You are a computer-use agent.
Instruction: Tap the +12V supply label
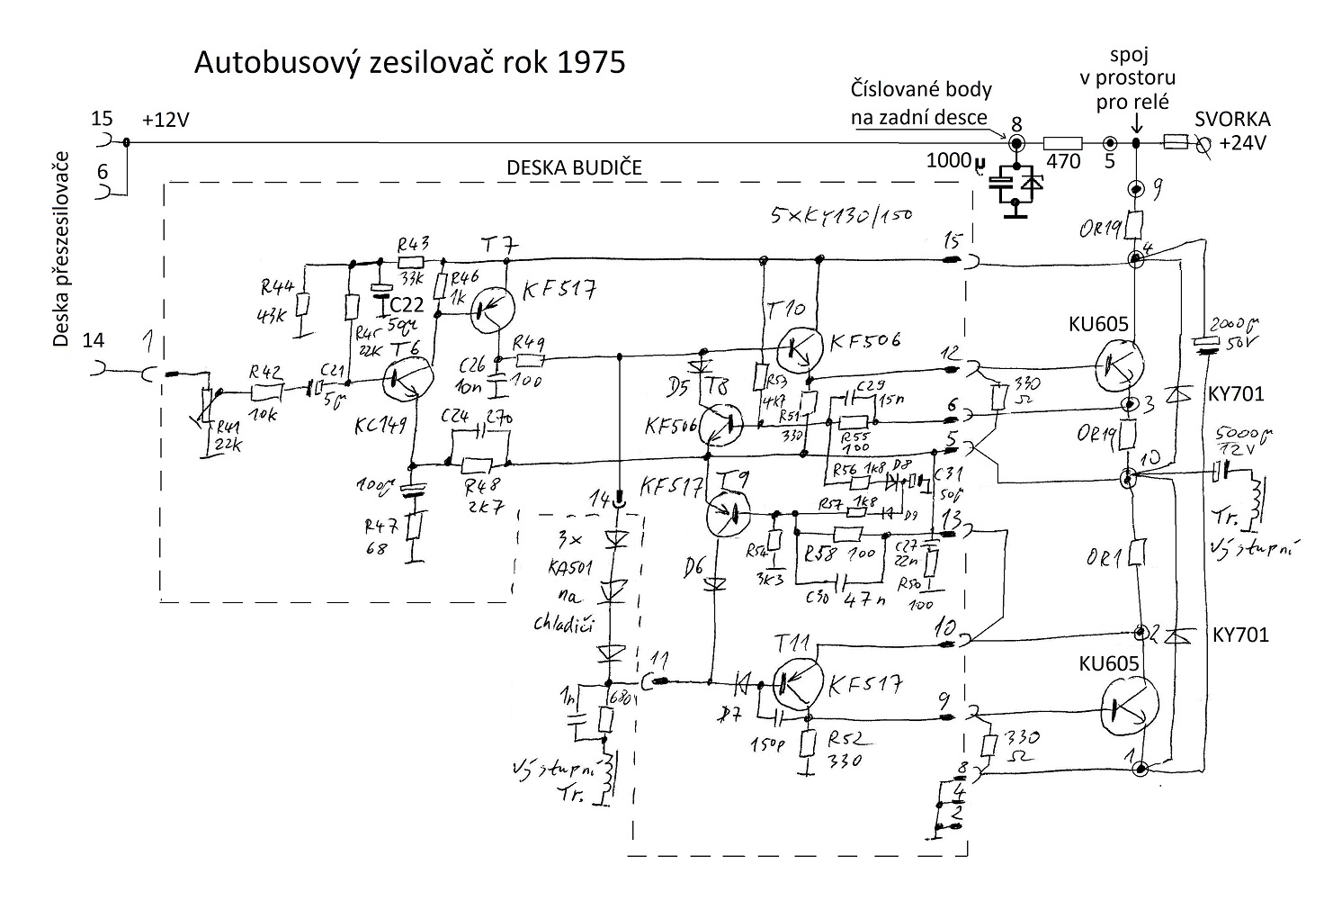pos(166,121)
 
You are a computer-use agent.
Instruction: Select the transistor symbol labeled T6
pos(407,382)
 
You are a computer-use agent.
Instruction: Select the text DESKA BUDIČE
pos(574,168)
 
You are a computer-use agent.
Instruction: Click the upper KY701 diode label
pos(1238,393)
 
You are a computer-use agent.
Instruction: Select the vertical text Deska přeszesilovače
pos(62,248)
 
